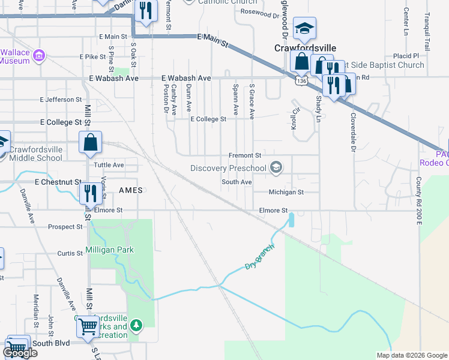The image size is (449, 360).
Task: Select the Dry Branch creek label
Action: point(260,257)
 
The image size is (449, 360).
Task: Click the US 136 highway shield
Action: point(301,80)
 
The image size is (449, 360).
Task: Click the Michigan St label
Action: point(286,192)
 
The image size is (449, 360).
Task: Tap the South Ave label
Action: point(237,182)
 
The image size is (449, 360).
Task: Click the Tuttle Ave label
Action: point(109,164)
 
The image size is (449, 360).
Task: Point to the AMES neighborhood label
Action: point(131,190)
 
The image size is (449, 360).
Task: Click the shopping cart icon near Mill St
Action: point(88,326)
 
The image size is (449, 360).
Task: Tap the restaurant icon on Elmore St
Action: point(90,193)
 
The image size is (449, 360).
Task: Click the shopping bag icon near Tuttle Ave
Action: point(90,143)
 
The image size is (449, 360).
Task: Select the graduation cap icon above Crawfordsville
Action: point(304,28)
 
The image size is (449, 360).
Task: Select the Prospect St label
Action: point(65,227)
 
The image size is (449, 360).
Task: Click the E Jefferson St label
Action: point(61,99)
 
